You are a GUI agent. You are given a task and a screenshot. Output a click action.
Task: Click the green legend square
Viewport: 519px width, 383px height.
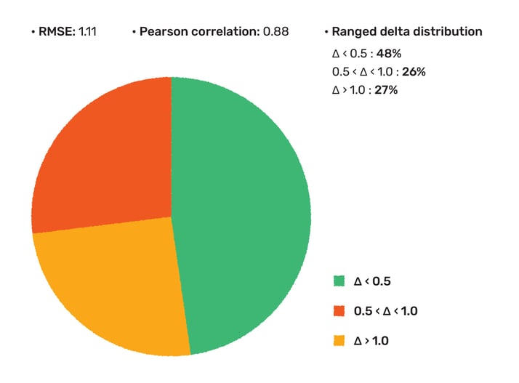click(x=339, y=281)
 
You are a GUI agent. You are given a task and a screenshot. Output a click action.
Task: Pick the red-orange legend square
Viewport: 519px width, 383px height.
click(x=339, y=311)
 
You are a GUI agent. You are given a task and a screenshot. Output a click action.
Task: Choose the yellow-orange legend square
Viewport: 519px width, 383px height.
click(x=339, y=340)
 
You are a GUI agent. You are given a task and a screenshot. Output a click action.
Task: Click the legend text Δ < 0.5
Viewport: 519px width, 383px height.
click(x=372, y=281)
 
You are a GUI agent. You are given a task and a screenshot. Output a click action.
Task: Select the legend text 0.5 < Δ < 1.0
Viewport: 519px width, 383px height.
click(x=385, y=311)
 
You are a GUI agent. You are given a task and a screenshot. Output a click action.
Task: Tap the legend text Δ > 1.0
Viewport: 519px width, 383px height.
click(x=372, y=340)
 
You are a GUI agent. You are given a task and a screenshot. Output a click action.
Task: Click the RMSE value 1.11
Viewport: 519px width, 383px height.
click(x=86, y=32)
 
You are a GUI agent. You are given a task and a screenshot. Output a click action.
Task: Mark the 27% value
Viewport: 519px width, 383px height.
click(x=386, y=89)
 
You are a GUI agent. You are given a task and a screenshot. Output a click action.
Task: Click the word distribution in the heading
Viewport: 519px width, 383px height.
click(x=448, y=32)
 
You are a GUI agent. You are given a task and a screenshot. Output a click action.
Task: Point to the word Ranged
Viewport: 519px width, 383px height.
click(x=353, y=32)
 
